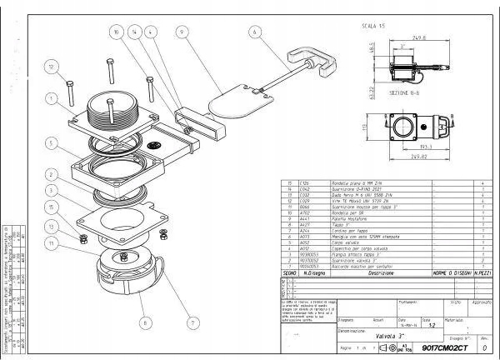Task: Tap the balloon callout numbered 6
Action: pyautogui.click(x=252, y=33)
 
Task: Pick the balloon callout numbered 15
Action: pyautogui.click(x=53, y=207)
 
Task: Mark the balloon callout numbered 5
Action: pyautogui.click(x=52, y=144)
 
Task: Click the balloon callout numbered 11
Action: pyautogui.click(x=52, y=243)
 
